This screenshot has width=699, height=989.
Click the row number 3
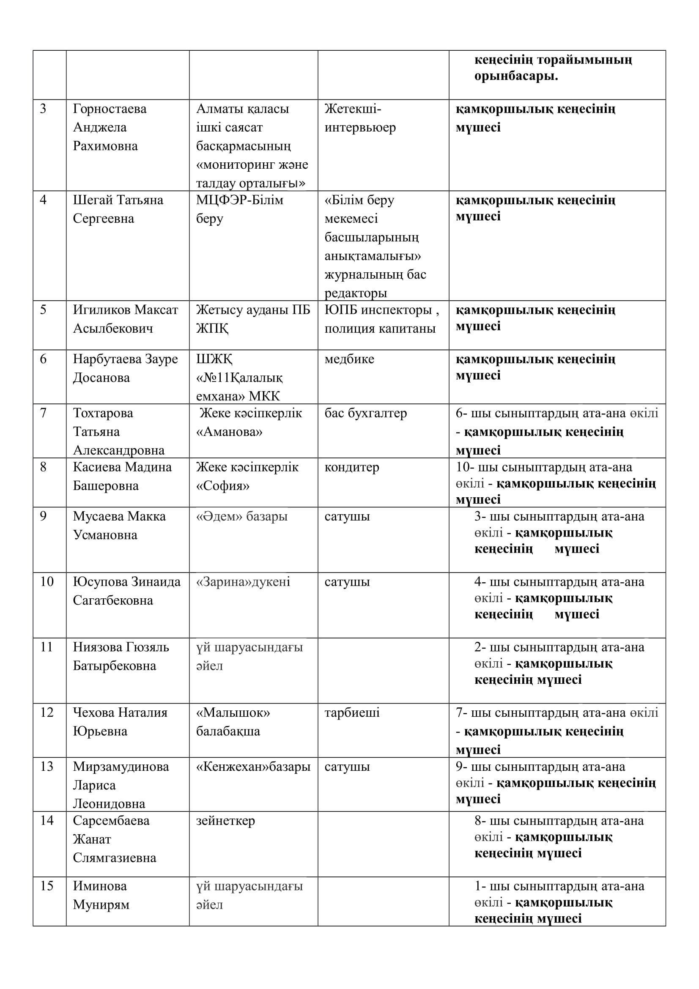pos(43,109)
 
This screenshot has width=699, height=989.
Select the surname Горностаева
pos(110,109)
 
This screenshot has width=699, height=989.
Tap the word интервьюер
pos(359,128)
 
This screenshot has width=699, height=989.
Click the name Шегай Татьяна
pos(118,200)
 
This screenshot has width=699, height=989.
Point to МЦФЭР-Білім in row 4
pos(239,200)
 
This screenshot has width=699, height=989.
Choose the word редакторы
pos(356,293)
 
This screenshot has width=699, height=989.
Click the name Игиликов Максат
pos(125,310)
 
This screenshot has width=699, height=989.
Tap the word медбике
pos(349,359)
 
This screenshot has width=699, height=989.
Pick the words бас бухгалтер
pos(365,413)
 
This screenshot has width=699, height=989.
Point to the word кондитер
pos(352,467)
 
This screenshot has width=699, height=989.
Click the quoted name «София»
pos(223,486)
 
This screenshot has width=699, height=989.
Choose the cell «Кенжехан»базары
pos(253,767)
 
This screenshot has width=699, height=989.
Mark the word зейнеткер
pos(225,821)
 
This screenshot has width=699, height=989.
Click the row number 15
pos(47,886)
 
